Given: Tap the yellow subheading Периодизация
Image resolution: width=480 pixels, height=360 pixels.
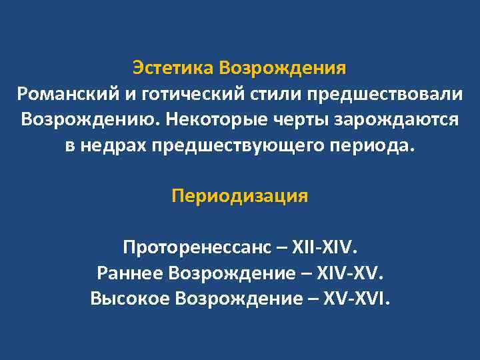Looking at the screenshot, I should pyautogui.click(x=240, y=197).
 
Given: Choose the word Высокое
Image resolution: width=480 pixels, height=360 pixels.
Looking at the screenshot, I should pyautogui.click(x=129, y=299).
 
